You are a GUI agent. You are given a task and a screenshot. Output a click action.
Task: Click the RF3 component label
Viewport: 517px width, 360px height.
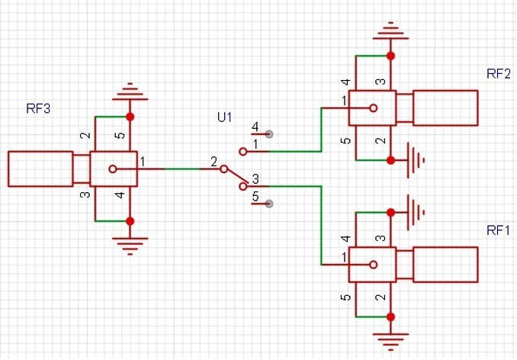(x=38, y=108)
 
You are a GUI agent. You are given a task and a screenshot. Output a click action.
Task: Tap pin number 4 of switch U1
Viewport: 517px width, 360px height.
(x=255, y=127)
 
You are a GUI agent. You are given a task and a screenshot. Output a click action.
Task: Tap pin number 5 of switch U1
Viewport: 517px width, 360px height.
(x=255, y=197)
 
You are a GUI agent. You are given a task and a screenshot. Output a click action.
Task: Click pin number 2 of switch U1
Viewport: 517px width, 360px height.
(x=214, y=162)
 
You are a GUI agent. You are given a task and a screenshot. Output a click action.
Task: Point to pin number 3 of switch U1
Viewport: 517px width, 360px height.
(x=255, y=178)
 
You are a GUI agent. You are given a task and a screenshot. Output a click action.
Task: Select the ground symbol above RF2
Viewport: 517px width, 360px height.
(x=390, y=32)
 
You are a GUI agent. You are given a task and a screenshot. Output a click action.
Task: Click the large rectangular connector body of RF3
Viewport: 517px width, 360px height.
(x=40, y=169)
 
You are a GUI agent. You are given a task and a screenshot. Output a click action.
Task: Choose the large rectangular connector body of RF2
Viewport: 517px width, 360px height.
(x=445, y=108)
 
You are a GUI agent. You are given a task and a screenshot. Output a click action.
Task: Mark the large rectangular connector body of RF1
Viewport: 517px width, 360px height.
(x=445, y=264)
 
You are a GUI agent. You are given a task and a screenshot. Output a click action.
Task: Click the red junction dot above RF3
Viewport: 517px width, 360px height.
(x=130, y=117)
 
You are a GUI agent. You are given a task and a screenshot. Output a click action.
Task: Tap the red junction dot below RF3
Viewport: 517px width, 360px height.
(x=130, y=220)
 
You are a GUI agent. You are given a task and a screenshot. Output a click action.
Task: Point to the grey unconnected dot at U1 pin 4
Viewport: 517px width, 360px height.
(x=269, y=133)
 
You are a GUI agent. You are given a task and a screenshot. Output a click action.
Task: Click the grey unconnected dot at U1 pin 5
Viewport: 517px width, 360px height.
(x=269, y=204)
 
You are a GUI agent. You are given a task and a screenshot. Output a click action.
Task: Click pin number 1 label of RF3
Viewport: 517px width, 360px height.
(x=143, y=162)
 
